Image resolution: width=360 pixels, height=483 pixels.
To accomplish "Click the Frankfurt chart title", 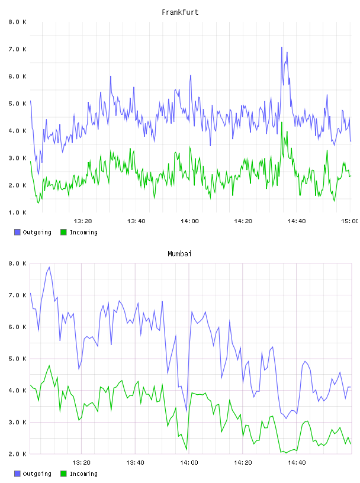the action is click(x=180, y=12).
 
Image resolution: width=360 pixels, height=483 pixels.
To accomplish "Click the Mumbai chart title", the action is click(x=179, y=254).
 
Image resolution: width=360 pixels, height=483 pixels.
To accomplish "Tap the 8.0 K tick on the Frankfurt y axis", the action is click(x=17, y=22).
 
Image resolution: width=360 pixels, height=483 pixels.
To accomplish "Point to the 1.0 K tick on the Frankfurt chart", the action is click(x=17, y=212).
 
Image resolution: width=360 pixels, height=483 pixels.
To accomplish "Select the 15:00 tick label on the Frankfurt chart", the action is click(x=350, y=221).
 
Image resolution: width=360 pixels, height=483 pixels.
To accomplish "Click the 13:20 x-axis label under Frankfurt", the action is click(x=83, y=221).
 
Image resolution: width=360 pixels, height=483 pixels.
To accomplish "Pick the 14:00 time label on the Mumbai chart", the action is click(x=189, y=463).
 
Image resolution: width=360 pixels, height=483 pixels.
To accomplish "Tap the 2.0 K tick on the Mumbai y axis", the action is click(x=17, y=454).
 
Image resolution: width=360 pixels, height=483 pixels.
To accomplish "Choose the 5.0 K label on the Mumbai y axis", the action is click(x=17, y=359).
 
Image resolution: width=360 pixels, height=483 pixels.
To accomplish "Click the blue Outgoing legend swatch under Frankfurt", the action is click(x=17, y=232).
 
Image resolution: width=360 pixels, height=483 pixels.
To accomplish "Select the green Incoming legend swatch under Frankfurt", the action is click(x=63, y=232).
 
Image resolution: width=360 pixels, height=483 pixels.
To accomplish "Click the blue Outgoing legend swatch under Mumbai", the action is click(x=17, y=474).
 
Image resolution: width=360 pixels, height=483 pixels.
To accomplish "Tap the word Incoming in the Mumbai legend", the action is click(x=83, y=474).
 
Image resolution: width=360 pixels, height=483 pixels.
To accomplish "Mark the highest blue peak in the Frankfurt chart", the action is click(x=281, y=47).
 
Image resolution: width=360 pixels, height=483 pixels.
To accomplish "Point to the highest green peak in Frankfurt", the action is click(x=282, y=123).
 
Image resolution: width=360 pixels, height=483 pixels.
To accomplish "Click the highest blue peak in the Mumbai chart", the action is click(x=49, y=267).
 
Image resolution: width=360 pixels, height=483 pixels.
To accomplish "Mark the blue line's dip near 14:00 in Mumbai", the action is click(x=187, y=411).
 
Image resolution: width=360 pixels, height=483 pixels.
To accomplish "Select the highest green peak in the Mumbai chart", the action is click(x=49, y=366).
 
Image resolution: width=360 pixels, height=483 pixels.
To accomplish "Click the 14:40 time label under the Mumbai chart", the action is click(x=297, y=463).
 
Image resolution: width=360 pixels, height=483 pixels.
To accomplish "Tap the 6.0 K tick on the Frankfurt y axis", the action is click(x=17, y=76).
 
